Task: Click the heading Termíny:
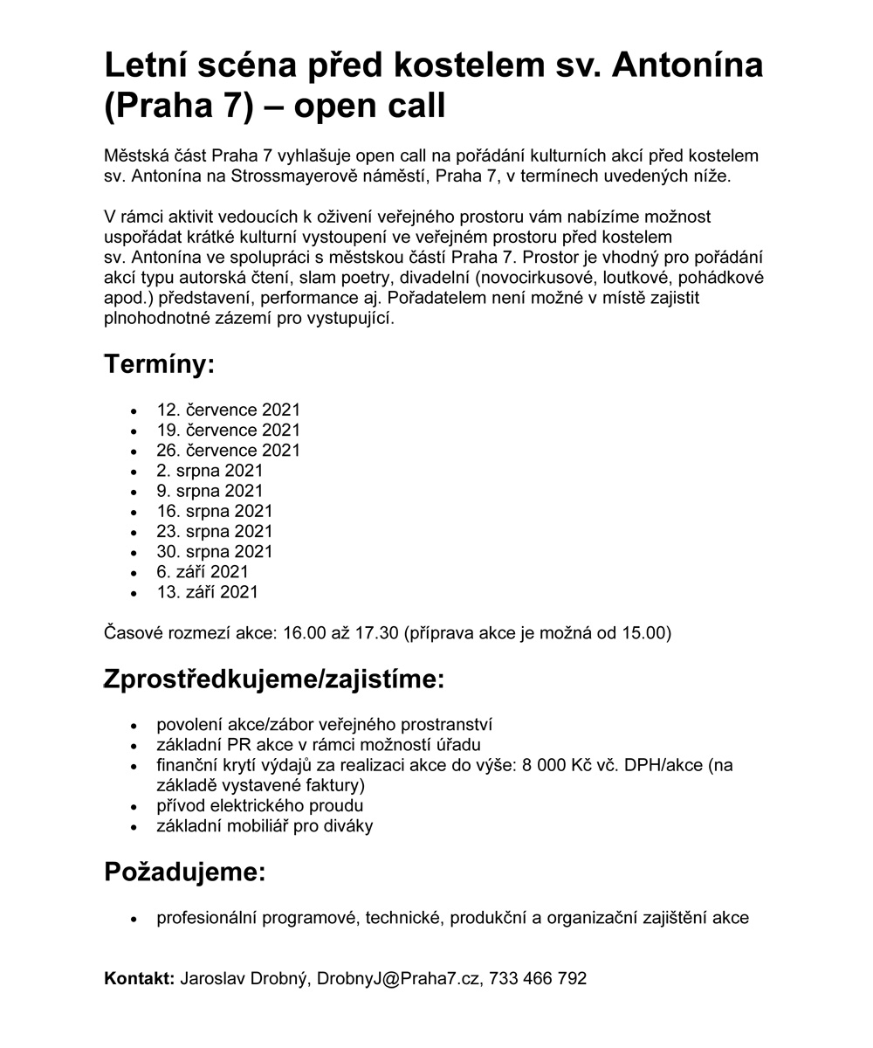[159, 364]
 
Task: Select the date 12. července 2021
[228, 410]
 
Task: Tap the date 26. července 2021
[228, 450]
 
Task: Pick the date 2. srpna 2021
[210, 471]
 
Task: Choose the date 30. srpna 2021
[215, 551]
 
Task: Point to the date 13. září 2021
[208, 592]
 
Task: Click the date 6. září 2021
[203, 572]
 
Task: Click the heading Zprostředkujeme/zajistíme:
[274, 679]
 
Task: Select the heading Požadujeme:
[184, 872]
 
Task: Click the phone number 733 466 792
[538, 978]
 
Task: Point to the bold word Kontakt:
[140, 978]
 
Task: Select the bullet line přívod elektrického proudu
[259, 805]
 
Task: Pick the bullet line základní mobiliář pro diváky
[265, 825]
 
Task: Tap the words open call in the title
[369, 106]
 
